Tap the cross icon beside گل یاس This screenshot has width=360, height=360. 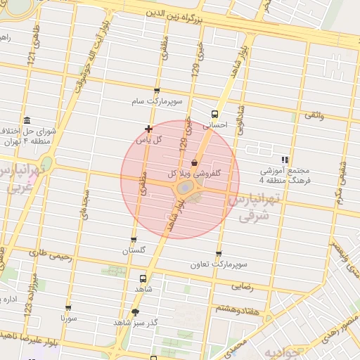tap(148, 129)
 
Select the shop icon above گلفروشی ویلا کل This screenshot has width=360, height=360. tap(194, 162)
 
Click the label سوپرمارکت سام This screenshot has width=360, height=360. tap(157, 101)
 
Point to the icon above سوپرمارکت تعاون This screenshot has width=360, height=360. tap(219, 254)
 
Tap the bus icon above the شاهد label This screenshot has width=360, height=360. tap(143, 278)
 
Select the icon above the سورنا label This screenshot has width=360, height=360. tap(68, 307)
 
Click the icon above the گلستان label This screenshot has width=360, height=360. tap(134, 240)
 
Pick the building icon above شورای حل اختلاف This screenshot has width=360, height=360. tap(27, 120)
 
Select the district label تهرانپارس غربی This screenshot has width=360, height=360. tap(19, 179)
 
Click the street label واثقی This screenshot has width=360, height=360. tap(314, 114)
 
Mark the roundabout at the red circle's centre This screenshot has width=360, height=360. tap(185, 188)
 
